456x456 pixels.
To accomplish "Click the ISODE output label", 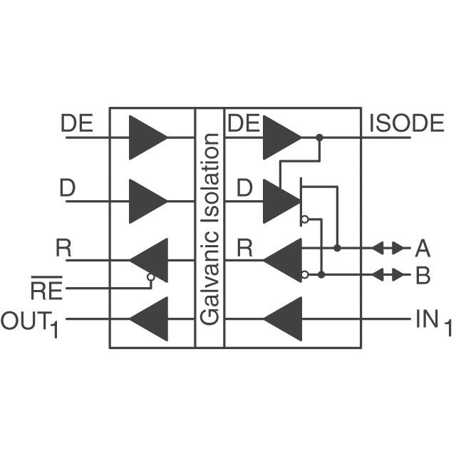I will (x=406, y=123).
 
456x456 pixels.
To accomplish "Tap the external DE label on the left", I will (x=77, y=123).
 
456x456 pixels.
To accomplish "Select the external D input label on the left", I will (x=68, y=189).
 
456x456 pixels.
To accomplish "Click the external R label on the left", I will (x=64, y=249).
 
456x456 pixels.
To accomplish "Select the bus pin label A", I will (x=423, y=249).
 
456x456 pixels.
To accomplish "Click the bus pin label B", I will (x=423, y=276).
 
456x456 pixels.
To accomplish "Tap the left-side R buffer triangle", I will (x=149, y=260).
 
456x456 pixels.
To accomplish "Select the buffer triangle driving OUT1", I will (x=149, y=318).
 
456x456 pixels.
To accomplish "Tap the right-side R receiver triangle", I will (x=284, y=260).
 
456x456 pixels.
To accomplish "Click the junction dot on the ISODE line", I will (x=319, y=137).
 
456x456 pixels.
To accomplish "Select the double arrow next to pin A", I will (x=388, y=248).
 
